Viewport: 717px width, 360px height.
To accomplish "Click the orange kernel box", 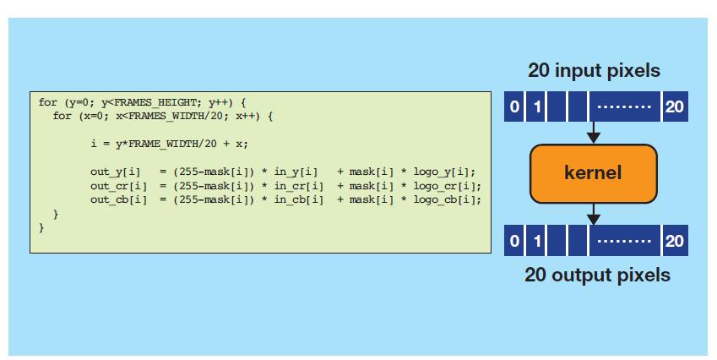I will pos(593,173).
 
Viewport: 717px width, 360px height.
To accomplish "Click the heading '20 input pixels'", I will pos(594,71).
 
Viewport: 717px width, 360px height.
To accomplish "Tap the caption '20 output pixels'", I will pos(597,275).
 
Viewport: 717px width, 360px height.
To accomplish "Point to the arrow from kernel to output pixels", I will pos(594,214).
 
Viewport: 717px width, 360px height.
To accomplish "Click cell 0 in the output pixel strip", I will pos(513,242).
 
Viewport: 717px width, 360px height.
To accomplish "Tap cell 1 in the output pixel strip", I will pos(536,242).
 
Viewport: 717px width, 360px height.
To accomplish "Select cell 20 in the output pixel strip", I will pos(674,242).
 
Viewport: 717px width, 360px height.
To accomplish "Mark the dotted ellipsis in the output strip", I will pos(624,242).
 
